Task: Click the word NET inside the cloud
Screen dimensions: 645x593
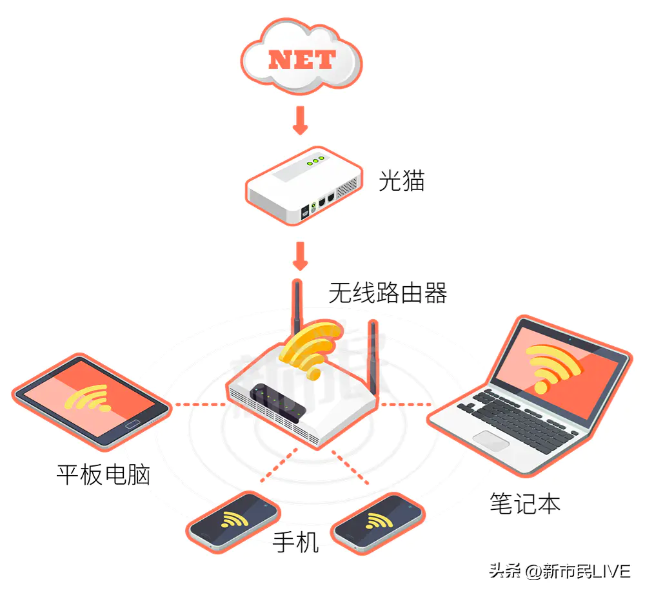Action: click(302, 60)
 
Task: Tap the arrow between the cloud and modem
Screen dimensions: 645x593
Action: click(301, 120)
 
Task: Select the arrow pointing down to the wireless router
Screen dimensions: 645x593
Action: click(301, 256)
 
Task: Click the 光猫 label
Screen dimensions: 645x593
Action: click(401, 180)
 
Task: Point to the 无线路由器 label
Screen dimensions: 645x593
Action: click(388, 293)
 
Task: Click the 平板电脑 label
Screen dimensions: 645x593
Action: click(103, 474)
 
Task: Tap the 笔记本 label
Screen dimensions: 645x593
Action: click(525, 503)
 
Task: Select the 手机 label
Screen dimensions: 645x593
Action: click(296, 542)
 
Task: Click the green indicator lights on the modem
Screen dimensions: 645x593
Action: click(315, 160)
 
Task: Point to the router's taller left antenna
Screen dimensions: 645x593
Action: click(297, 307)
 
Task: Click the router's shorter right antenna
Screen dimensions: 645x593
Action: click(373, 357)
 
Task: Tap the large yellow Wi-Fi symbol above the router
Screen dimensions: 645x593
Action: click(312, 349)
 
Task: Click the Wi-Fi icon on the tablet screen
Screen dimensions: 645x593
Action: click(88, 398)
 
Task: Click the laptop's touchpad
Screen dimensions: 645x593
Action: click(491, 441)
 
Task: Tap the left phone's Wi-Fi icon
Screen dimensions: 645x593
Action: click(235, 519)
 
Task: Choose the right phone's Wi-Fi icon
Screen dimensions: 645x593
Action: click(379, 521)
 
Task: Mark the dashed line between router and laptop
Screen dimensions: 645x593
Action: click(405, 404)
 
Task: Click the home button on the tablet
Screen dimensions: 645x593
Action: click(133, 425)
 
